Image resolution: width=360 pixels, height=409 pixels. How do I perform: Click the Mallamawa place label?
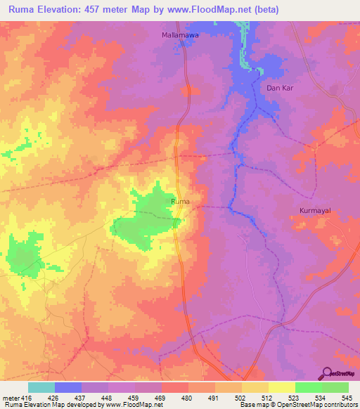[x=181, y=34]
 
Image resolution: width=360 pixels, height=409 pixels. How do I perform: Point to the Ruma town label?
[x=181, y=201]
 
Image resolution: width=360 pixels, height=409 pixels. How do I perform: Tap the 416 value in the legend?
[x=27, y=398]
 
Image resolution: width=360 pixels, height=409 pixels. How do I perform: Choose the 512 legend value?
[x=268, y=398]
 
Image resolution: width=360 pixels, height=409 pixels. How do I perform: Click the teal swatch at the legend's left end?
[x=41, y=387]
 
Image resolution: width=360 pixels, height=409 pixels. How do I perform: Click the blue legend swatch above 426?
[x=67, y=387]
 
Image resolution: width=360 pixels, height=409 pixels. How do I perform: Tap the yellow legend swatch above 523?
[x=281, y=387]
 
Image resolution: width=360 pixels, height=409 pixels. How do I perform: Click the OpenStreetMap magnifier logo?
[x=327, y=372]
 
